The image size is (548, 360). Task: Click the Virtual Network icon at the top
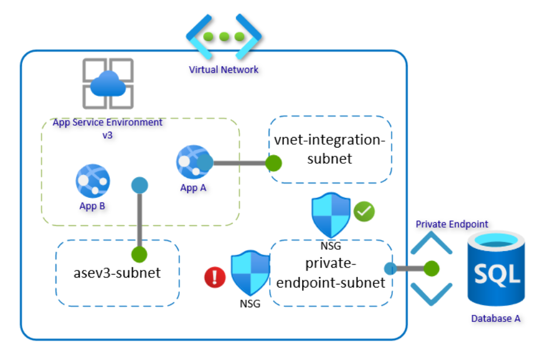click(x=224, y=36)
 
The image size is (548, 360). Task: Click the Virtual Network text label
click(x=224, y=70)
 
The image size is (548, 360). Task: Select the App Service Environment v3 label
click(x=108, y=128)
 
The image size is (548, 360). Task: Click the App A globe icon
click(x=193, y=162)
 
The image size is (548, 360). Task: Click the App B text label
click(x=93, y=205)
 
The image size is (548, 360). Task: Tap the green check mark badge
click(x=364, y=211)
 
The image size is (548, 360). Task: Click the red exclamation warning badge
click(x=215, y=277)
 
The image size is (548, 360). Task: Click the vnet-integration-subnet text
click(x=330, y=149)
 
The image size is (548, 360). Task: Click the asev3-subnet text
click(x=117, y=273)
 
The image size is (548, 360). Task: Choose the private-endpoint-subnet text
click(x=331, y=273)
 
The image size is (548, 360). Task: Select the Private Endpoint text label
click(x=451, y=224)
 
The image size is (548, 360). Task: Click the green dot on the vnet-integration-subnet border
click(x=273, y=163)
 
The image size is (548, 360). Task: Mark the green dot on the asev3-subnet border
click(x=139, y=254)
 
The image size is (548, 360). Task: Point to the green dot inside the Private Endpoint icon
click(x=431, y=269)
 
